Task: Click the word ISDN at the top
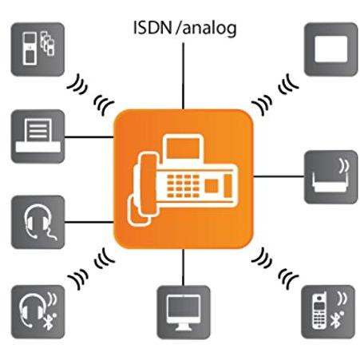pyautogui.click(x=152, y=27)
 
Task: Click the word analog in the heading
pyautogui.click(x=210, y=29)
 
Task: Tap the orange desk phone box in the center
pyautogui.click(x=184, y=179)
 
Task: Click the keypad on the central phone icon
pyautogui.click(x=183, y=186)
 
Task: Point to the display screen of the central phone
pyautogui.click(x=183, y=148)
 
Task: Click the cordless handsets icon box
pyautogui.click(x=38, y=49)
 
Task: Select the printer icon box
pyautogui.click(x=38, y=136)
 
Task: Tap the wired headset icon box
pyautogui.click(x=38, y=222)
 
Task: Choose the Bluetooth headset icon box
pyautogui.click(x=38, y=312)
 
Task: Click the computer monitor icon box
pyautogui.click(x=184, y=312)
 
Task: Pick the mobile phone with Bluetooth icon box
pyautogui.click(x=328, y=312)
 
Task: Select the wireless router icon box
pyautogui.click(x=331, y=177)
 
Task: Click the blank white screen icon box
pyautogui.click(x=331, y=49)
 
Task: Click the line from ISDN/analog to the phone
pyautogui.click(x=183, y=76)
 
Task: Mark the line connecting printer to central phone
pyautogui.click(x=89, y=137)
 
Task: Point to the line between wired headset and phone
pyautogui.click(x=89, y=222)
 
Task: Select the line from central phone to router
pyautogui.click(x=279, y=176)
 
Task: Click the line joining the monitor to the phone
pyautogui.click(x=183, y=267)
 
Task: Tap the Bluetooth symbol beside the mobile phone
pyautogui.click(x=335, y=320)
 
